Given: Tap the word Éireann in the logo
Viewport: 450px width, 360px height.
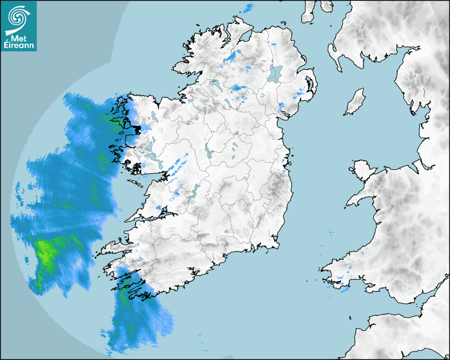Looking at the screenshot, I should [x=19, y=46].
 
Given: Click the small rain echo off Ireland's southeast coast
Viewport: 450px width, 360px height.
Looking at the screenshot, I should [x=330, y=233].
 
